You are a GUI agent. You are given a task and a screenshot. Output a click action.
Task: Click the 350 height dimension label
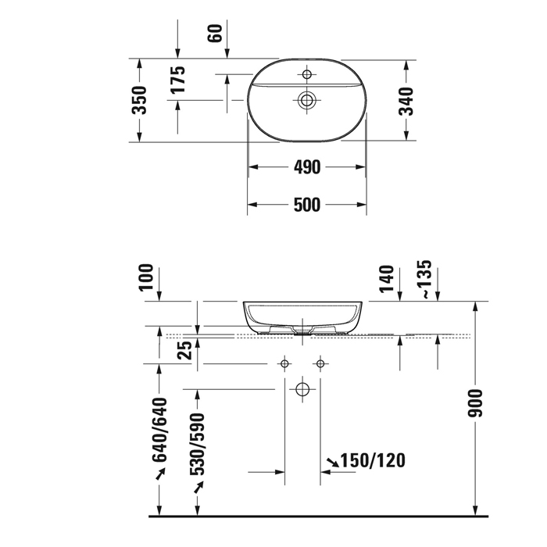tap(139, 100)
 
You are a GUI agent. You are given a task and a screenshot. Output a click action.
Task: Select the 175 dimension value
tap(179, 81)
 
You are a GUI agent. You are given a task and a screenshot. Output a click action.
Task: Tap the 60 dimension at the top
tap(216, 33)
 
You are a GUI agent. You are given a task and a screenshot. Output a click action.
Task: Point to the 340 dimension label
tap(406, 100)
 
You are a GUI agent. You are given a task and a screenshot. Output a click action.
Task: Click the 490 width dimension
tap(307, 167)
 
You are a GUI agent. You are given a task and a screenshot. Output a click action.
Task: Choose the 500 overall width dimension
tap(307, 206)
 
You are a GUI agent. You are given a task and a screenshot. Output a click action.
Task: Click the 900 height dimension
tap(477, 402)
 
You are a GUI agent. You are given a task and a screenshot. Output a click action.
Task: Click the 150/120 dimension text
tap(374, 460)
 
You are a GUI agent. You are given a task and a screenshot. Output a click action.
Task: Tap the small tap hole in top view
tap(306, 75)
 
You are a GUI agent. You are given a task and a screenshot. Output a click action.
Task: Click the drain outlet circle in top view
tap(306, 99)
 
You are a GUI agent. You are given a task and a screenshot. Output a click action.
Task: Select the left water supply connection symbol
tap(285, 363)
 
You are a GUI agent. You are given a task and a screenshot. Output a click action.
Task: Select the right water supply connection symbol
tap(320, 363)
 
